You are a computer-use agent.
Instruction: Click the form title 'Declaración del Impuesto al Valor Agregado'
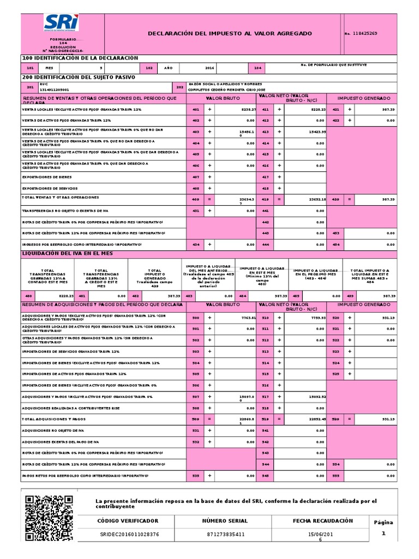coord(230,33)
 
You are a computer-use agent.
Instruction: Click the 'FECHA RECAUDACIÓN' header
coord(322,521)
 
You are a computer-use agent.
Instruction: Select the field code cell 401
coord(195,109)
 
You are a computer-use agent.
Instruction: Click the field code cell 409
coord(195,199)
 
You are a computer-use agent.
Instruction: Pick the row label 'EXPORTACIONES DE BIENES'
coord(46,177)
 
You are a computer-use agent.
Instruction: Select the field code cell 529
coord(336,419)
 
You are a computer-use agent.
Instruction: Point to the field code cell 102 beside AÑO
coord(148,68)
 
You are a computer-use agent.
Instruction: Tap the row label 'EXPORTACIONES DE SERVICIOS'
coord(49,188)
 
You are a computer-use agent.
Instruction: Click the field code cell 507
coord(195,396)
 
